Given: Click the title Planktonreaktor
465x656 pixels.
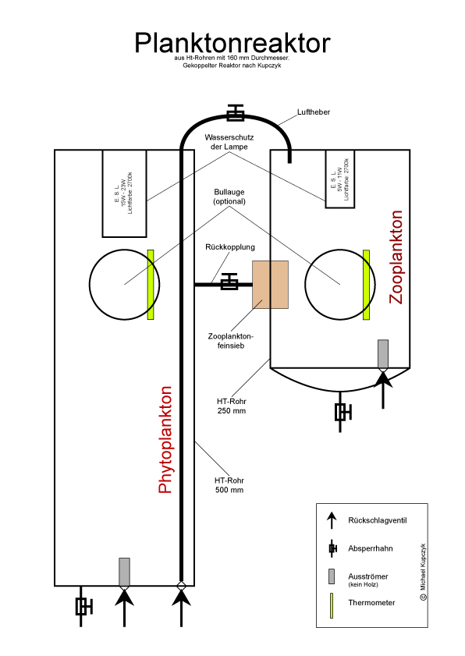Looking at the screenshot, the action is pyautogui.click(x=232, y=43).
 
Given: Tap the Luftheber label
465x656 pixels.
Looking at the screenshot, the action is pyautogui.click(x=314, y=112).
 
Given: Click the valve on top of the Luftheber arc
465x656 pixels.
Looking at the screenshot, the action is pyautogui.click(x=235, y=112).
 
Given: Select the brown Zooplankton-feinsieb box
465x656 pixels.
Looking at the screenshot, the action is pyautogui.click(x=270, y=285).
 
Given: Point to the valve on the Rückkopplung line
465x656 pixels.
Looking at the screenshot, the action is pyautogui.click(x=229, y=282).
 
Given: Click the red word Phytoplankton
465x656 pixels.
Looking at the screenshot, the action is pyautogui.click(x=165, y=440).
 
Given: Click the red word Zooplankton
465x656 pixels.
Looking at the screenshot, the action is pyautogui.click(x=396, y=257).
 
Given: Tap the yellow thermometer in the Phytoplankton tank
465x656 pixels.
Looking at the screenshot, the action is pyautogui.click(x=151, y=285).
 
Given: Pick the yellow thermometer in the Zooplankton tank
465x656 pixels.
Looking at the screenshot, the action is pyautogui.click(x=366, y=285).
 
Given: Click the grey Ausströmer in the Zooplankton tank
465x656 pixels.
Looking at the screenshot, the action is pyautogui.click(x=383, y=354).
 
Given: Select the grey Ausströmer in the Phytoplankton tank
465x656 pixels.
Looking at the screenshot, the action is pyautogui.click(x=124, y=572).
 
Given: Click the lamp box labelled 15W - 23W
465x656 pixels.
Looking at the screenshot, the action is pyautogui.click(x=124, y=193).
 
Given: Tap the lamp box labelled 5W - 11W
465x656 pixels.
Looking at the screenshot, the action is pyautogui.click(x=340, y=179).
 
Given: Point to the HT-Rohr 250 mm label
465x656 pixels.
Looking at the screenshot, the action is pyautogui.click(x=232, y=406).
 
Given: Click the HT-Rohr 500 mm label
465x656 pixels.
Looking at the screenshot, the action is pyautogui.click(x=229, y=485).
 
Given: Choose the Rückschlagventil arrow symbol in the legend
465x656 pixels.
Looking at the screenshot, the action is pyautogui.click(x=332, y=520).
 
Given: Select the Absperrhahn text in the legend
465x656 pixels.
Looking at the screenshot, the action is pyautogui.click(x=371, y=548).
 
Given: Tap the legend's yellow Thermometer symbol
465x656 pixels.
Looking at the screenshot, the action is pyautogui.click(x=332, y=605).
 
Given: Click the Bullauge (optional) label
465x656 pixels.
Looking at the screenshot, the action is pyautogui.click(x=229, y=197).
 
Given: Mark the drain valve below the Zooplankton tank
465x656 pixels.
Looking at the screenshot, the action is pyautogui.click(x=343, y=412).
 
